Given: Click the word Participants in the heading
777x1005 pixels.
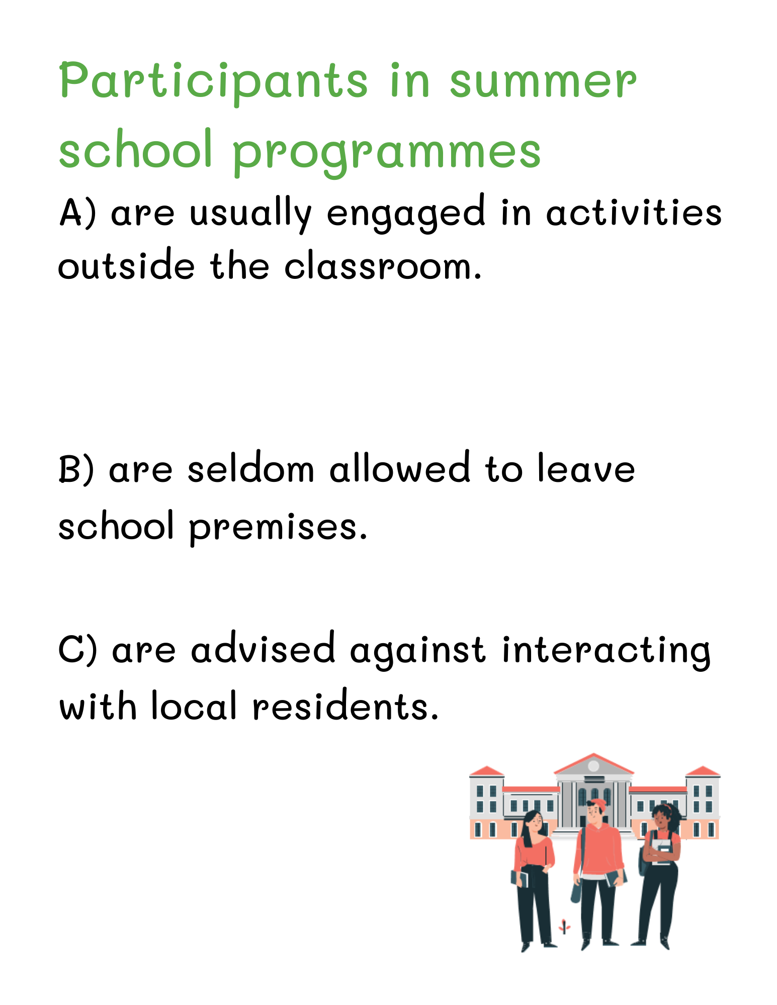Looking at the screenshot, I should [213, 82].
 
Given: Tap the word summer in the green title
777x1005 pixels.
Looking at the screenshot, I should [543, 82].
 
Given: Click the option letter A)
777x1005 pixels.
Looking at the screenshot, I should [77, 213].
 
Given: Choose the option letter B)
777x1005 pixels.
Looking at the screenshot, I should [76, 469].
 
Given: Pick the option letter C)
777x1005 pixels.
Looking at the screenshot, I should [77, 649].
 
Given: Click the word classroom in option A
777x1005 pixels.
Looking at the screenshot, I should [383, 266].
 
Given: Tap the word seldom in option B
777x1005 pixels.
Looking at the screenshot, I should [251, 469].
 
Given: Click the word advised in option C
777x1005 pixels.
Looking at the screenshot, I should [263, 649].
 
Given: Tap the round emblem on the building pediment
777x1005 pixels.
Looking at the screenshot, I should [593, 766].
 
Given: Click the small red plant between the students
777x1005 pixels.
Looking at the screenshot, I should [564, 925].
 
